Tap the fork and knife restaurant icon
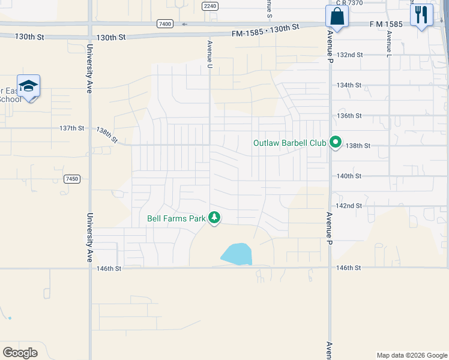click(421, 15)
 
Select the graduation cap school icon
click(28, 87)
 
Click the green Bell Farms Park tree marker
click(214, 218)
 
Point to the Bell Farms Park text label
click(176, 218)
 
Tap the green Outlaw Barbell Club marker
click(336, 143)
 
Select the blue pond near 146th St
click(238, 254)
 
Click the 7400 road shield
click(164, 24)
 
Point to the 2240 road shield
click(209, 6)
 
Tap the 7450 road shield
click(72, 179)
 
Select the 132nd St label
click(350, 55)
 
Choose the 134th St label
click(349, 85)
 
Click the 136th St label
click(349, 115)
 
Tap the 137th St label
click(72, 128)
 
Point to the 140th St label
click(349, 176)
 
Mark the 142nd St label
click(349, 205)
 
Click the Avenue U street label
click(210, 53)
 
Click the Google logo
click(20, 352)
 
